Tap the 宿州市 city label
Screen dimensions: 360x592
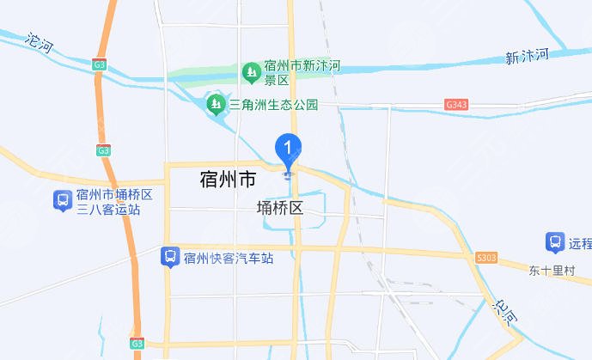tap(227, 180)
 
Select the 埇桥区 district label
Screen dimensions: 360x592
tap(280, 208)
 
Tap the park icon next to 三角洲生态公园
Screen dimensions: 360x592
tap(214, 105)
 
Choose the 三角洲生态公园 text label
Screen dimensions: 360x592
tap(273, 105)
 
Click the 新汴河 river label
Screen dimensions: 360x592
tap(527, 57)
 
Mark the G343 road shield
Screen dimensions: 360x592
tap(456, 104)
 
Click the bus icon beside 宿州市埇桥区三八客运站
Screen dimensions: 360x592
tap(62, 201)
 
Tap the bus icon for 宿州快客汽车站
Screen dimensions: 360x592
tap(169, 256)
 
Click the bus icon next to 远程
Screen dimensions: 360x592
tap(554, 242)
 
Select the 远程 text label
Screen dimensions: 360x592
tap(580, 243)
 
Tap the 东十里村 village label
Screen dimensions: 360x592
tap(551, 270)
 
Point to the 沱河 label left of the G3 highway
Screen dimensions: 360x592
tap(39, 41)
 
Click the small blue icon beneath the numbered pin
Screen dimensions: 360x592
tap(288, 175)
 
